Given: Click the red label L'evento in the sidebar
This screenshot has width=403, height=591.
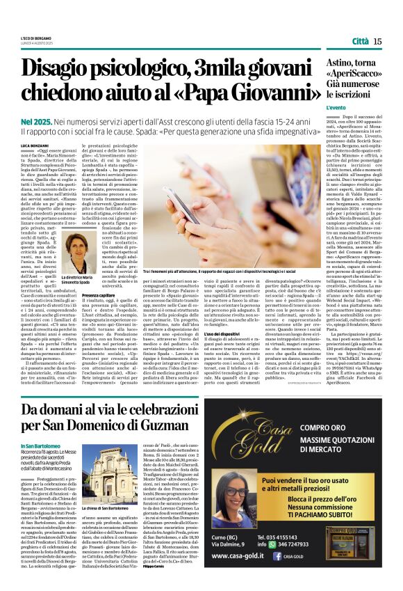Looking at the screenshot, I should coord(336,108).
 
